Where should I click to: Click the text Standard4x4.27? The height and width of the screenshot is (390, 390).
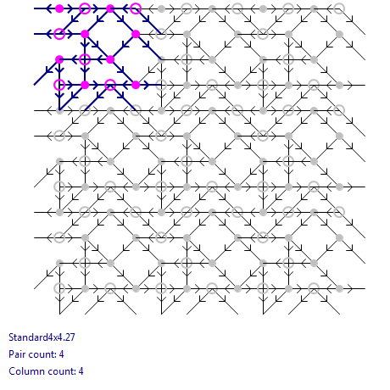coord(42,337)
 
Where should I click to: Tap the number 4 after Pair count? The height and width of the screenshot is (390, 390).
coord(61,354)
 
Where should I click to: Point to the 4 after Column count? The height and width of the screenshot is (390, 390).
coord(81,371)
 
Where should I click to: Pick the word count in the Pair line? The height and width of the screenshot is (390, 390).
coord(41,354)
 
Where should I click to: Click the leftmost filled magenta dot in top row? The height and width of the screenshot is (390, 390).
coord(59,8)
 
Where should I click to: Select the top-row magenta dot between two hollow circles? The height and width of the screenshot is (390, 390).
coord(110,8)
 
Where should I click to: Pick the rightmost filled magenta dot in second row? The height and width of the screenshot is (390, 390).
coord(136,34)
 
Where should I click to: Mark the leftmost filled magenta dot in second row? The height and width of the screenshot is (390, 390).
coord(85,34)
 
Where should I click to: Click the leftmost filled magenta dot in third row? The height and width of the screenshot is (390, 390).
coord(59,59)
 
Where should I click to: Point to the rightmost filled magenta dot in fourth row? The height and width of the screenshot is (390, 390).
coord(136,85)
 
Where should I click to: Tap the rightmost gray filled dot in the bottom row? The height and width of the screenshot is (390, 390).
coord(339,288)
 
